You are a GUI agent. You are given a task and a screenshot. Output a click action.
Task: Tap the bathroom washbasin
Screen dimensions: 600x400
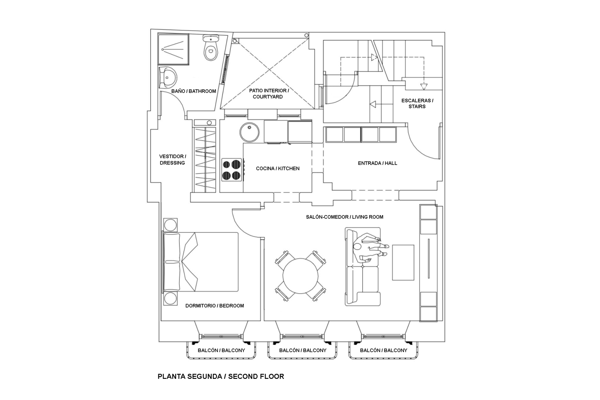point(168,78)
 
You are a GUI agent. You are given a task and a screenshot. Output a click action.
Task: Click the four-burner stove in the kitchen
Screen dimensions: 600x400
point(232,170)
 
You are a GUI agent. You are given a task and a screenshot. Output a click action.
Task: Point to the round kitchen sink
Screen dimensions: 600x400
point(249,132)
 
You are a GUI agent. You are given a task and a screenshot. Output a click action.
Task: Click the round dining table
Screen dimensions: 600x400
point(300,276)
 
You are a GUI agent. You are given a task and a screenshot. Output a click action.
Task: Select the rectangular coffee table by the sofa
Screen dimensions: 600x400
point(403,262)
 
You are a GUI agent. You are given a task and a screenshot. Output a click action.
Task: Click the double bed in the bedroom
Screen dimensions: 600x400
point(200,262)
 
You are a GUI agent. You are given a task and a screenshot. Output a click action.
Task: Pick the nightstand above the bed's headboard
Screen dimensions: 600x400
point(170,225)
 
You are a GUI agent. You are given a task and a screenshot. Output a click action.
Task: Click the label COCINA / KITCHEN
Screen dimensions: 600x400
point(278,168)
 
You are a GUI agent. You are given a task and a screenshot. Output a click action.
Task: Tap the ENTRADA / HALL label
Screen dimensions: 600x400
point(378,163)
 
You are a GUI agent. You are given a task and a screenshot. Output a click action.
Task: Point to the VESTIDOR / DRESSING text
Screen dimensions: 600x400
point(172,160)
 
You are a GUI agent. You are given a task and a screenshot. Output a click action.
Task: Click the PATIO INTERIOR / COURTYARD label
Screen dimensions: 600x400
point(269,94)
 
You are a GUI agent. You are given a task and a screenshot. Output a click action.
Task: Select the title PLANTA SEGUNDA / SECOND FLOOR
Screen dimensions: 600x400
point(221,376)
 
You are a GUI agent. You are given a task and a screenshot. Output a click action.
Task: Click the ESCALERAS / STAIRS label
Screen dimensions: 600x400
point(417,104)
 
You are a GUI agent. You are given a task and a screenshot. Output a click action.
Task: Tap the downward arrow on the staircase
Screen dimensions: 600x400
point(424,86)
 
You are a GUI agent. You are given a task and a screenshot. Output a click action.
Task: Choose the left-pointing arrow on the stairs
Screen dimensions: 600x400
point(373,104)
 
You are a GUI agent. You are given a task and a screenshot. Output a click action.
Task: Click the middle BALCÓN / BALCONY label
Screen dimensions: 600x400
point(303,350)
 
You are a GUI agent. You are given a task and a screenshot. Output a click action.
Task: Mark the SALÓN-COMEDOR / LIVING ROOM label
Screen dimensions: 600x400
point(344,217)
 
